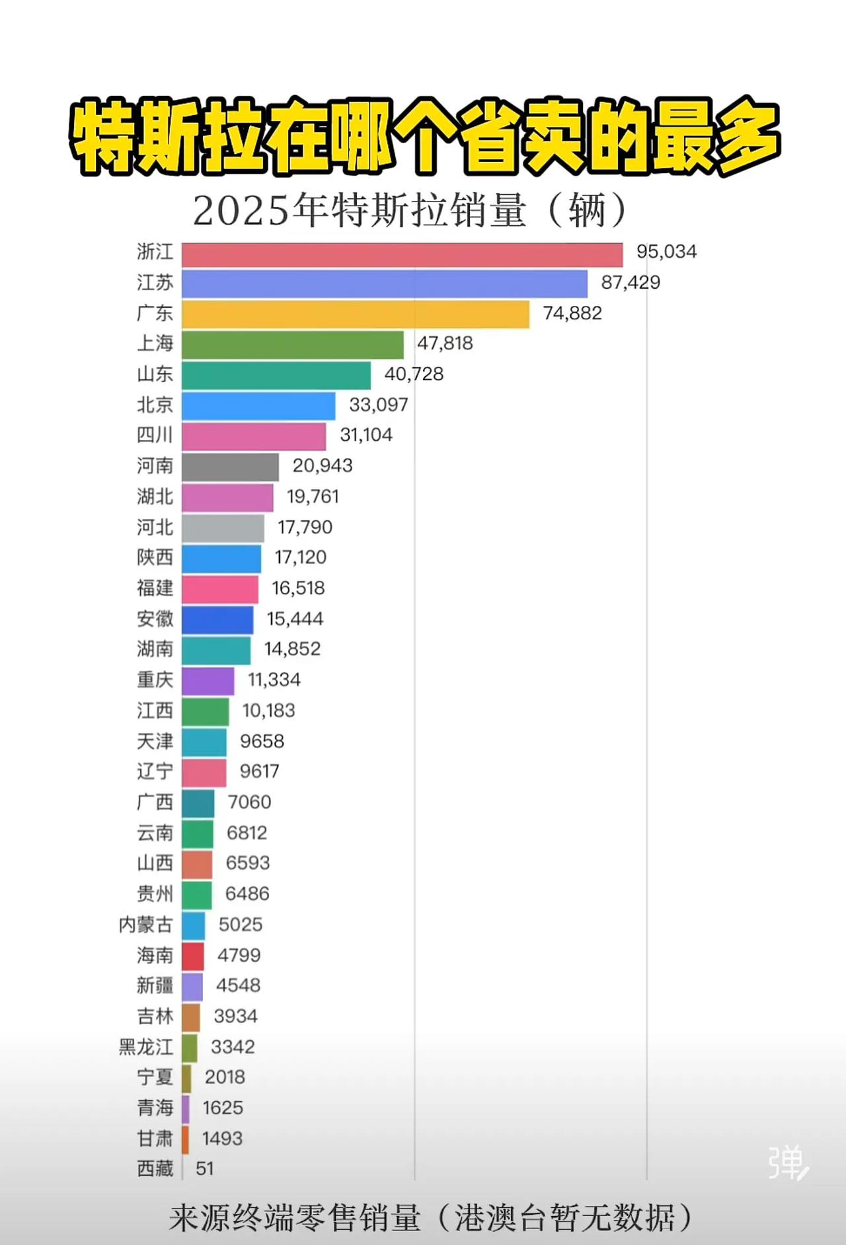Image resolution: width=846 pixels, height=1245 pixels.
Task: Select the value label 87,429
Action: [630, 283]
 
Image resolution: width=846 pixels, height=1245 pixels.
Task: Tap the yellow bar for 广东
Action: [356, 314]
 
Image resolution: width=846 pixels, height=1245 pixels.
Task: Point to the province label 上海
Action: [155, 344]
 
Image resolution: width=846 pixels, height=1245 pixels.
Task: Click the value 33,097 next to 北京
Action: [378, 404]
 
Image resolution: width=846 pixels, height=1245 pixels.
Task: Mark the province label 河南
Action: [155, 466]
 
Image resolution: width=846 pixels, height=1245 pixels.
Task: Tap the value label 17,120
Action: [300, 558]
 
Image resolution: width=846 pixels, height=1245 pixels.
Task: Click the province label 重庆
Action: [155, 680]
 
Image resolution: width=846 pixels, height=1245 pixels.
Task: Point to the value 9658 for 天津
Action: [262, 741]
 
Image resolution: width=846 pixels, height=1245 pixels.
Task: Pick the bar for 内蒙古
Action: [194, 925]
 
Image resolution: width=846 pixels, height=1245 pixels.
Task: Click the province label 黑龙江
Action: [145, 1047]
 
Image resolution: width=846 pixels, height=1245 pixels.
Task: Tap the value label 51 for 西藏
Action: [204, 1169]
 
